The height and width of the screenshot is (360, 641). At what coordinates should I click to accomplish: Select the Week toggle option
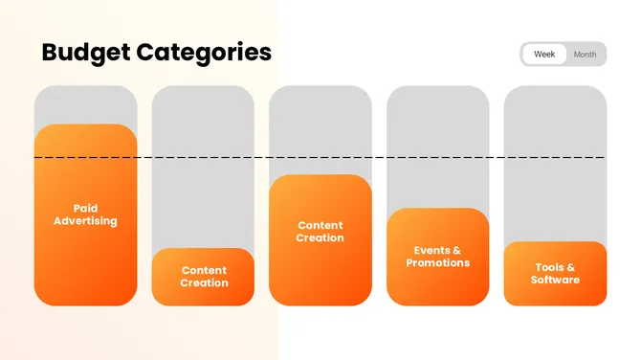pos(544,55)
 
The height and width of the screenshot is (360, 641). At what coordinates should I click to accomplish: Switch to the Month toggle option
pos(585,55)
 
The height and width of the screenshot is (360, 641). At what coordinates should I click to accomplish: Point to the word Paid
pos(85,208)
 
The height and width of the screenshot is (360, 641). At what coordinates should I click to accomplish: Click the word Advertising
pos(85,221)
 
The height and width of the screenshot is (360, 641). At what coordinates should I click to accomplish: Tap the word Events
pos(427,250)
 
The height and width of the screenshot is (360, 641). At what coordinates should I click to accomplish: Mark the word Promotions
pos(437,263)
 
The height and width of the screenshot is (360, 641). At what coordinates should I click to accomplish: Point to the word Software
pos(555,281)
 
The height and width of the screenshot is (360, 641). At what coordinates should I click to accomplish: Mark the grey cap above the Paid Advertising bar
pos(85,103)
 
